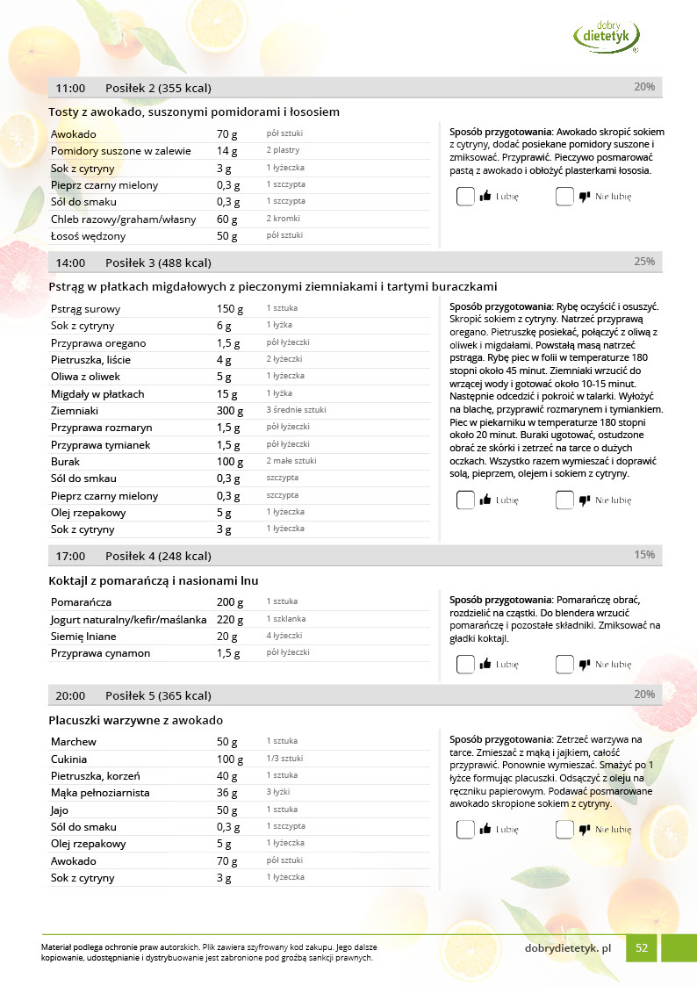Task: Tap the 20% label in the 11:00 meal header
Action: (644, 87)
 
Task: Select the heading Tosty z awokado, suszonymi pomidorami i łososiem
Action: (194, 112)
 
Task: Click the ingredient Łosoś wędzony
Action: (88, 236)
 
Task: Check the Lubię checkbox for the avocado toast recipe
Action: (464, 197)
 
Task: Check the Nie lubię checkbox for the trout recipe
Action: (564, 500)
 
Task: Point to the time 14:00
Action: (70, 263)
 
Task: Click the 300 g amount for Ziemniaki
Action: (229, 411)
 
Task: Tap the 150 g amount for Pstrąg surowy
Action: (229, 309)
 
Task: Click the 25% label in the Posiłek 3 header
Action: (644, 262)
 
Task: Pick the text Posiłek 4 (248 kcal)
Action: (158, 556)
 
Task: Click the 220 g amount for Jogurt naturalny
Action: (229, 619)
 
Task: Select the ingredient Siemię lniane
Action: (83, 637)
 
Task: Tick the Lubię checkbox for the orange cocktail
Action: (464, 665)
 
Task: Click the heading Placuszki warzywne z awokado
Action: (135, 721)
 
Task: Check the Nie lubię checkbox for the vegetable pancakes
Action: (564, 829)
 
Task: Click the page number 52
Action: (642, 947)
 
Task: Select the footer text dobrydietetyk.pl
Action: (568, 948)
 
